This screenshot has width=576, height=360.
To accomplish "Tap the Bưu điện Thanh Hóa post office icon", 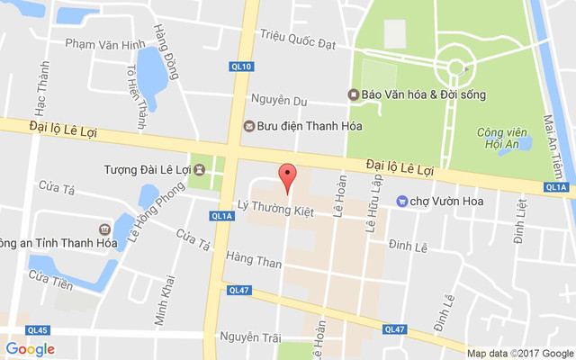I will [249, 126].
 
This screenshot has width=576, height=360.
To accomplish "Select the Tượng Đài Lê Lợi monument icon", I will [200, 168].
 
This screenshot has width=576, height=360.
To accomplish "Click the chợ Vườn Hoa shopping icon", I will [401, 201].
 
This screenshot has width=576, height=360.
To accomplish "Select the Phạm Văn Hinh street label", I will [105, 44].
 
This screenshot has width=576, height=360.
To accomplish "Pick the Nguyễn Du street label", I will [279, 100].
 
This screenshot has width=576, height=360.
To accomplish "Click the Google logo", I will [30, 349].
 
